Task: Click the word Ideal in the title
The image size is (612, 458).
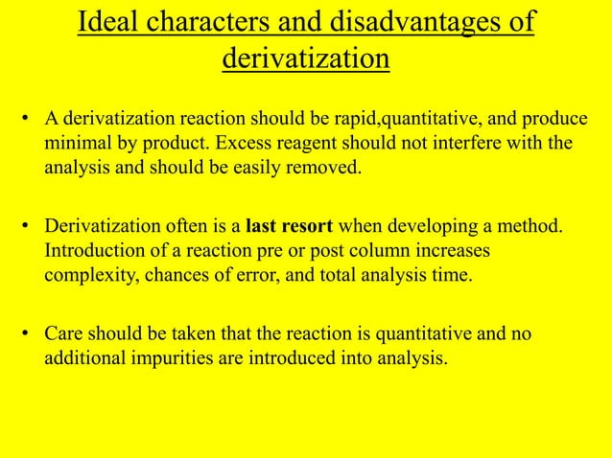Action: point(107,22)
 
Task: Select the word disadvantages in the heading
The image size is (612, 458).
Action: point(414,22)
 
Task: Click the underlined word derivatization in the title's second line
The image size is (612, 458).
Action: point(306,59)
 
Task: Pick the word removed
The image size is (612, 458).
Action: point(328,171)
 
